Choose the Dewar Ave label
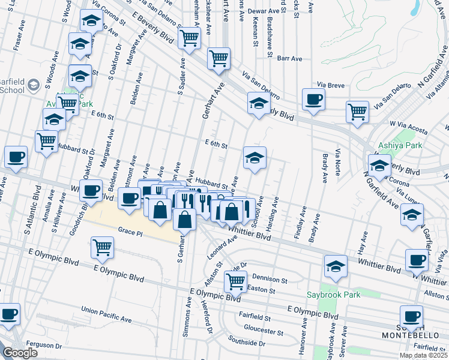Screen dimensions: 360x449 [x=265, y=11]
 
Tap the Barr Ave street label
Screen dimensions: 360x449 [x=289, y=58]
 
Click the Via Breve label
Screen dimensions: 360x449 [x=331, y=85]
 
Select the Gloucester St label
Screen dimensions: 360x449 [x=264, y=331]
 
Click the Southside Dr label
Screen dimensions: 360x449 [x=246, y=344]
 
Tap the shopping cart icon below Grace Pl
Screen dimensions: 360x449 [x=103, y=247]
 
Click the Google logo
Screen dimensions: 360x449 [x=20, y=353]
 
